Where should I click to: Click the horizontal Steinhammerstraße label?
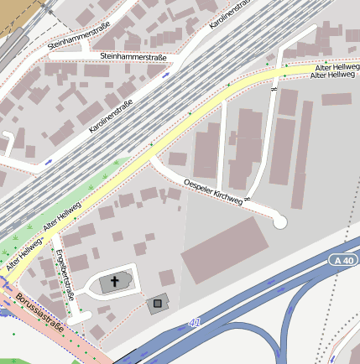click(133, 56)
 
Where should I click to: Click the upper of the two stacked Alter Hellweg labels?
click(336, 65)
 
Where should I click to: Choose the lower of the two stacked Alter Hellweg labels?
click(332, 75)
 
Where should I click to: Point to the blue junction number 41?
click(195, 322)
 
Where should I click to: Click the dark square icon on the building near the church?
click(156, 303)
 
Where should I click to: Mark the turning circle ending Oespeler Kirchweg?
click(279, 221)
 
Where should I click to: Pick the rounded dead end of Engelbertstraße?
click(76, 320)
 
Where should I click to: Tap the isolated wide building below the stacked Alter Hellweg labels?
click(336, 99)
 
